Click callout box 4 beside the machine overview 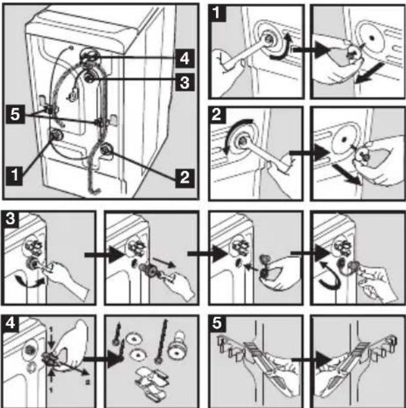click(x=185, y=58)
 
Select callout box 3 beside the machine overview click(x=185, y=83)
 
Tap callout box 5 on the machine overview click(x=15, y=114)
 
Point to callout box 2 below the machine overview click(x=185, y=178)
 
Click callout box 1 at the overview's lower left click(x=14, y=175)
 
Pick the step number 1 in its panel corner click(x=217, y=13)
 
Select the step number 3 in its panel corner click(x=10, y=219)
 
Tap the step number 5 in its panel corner click(x=217, y=324)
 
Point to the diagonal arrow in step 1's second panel click(x=369, y=73)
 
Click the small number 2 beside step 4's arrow click(x=88, y=382)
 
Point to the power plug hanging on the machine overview click(x=72, y=95)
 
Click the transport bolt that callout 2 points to click(x=107, y=149)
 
